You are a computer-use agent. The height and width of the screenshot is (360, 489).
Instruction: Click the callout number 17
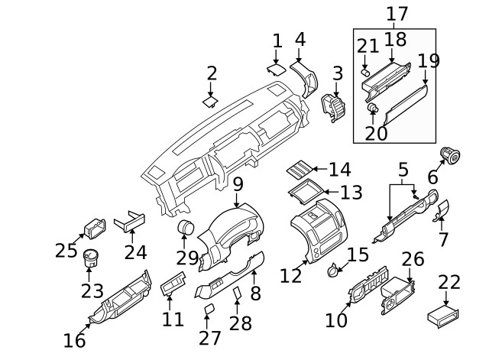pos(397,13)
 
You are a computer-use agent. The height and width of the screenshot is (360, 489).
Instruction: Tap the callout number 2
pos(212,73)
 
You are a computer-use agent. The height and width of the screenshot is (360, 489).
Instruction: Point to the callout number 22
pos(450,282)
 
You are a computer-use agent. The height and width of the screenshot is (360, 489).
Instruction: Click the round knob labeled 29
pos(186,229)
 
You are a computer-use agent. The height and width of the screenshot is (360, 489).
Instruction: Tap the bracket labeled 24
pos(128,222)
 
